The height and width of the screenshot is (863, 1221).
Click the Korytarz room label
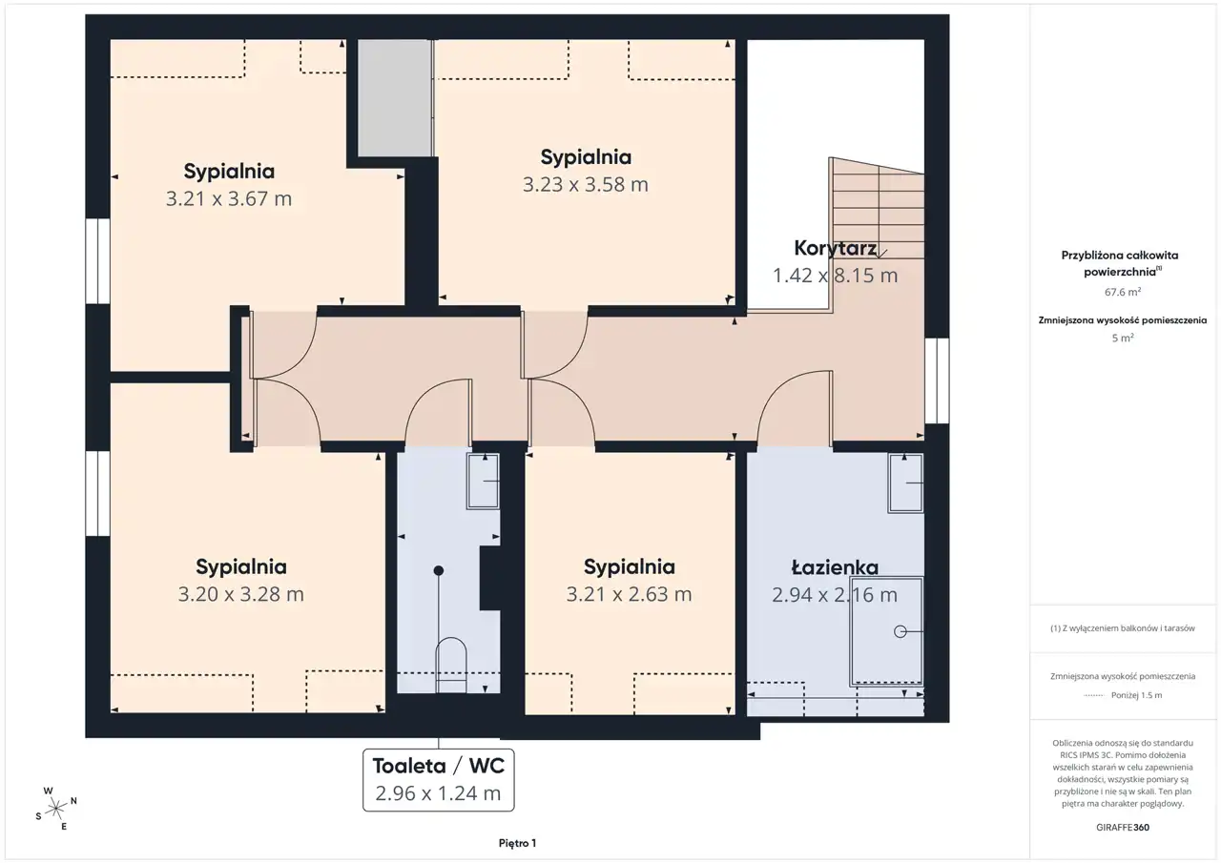click(835, 249)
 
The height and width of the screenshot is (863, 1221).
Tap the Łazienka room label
click(835, 567)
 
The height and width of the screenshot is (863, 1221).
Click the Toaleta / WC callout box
click(438, 780)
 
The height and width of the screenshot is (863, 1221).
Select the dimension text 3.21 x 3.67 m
click(229, 199)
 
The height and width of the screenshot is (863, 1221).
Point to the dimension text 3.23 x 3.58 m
click(586, 185)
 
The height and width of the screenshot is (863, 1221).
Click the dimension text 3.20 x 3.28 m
click(241, 594)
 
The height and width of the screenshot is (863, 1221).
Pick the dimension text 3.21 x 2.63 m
click(629, 594)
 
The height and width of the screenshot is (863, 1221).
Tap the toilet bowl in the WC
click(451, 665)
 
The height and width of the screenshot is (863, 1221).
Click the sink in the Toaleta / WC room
click(483, 481)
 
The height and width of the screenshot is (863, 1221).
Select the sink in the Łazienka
click(905, 483)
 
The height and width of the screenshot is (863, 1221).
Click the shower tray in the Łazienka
click(886, 631)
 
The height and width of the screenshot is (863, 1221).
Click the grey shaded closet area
click(395, 98)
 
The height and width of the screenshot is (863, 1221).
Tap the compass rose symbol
click(55, 809)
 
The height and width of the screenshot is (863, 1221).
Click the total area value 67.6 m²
click(1123, 292)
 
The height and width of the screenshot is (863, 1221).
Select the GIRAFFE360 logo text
click(1123, 827)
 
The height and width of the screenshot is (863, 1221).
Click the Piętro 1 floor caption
click(517, 843)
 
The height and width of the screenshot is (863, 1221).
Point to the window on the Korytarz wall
click(937, 380)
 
